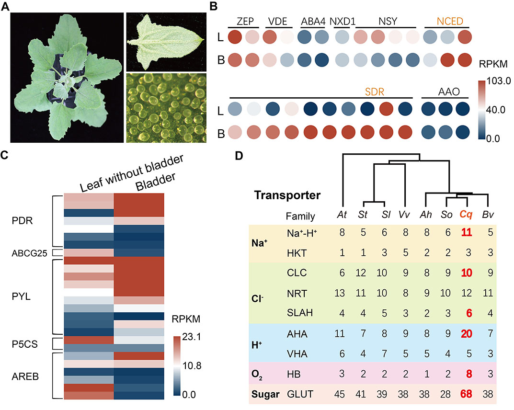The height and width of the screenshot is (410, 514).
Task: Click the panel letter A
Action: tap(6, 6)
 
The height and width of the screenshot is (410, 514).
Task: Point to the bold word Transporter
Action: tap(287, 195)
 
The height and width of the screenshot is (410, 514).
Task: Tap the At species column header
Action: tap(343, 216)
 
